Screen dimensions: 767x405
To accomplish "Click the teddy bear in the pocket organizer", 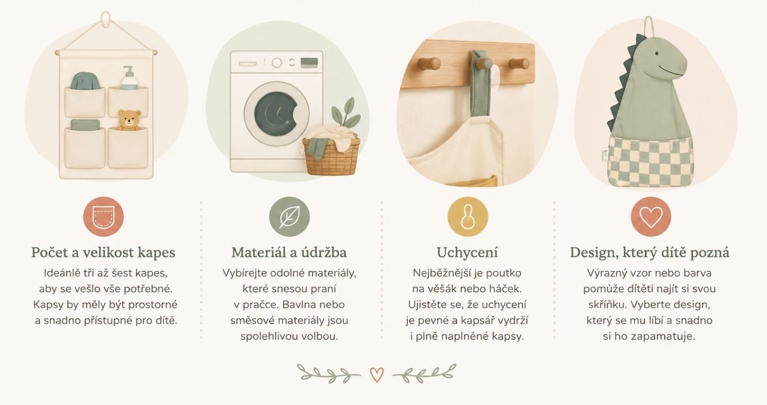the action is (x=129, y=120).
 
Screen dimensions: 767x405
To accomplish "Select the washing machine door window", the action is (x=276, y=114).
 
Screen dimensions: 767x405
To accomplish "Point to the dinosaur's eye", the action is (x=657, y=53).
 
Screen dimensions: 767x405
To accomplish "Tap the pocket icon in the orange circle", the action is (x=103, y=217).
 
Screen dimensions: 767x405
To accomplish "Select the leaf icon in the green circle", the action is (x=290, y=217).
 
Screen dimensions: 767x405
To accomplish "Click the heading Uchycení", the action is (x=467, y=253).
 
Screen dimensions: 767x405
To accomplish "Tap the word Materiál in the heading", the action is (x=258, y=253).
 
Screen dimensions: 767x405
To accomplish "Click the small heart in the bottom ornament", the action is (x=376, y=375).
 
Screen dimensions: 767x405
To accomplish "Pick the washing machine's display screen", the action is (x=309, y=63).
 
